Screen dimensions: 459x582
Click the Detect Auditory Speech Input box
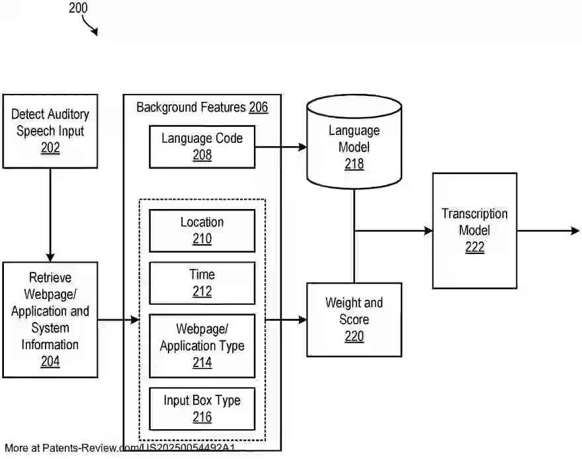50,130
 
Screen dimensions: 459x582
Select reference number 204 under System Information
50,362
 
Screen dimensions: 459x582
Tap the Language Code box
202,146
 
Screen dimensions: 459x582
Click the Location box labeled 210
202,230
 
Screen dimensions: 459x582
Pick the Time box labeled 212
202,282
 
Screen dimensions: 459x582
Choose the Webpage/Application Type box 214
202,345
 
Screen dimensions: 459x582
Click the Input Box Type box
202,408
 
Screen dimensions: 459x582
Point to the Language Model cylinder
354,142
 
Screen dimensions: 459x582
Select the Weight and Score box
354,319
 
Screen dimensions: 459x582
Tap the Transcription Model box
474,230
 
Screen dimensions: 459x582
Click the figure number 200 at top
77,9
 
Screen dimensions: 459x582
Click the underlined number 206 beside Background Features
259,107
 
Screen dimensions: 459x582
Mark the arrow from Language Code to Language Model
280,147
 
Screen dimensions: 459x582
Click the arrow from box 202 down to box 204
50,215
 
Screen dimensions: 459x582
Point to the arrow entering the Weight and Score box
286,319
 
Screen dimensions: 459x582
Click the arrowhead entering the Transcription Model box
428,230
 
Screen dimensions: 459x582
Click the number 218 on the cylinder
354,163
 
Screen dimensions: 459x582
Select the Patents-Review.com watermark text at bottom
119,448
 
